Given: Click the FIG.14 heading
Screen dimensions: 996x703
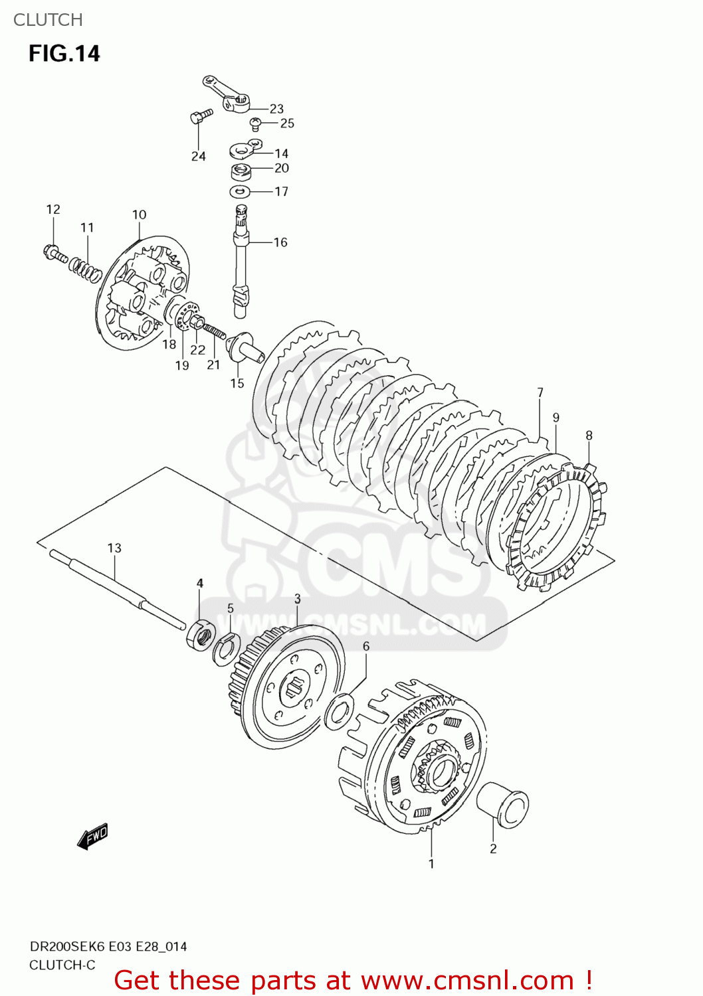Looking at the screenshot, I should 64,54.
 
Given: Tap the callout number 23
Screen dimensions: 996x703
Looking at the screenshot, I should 276,109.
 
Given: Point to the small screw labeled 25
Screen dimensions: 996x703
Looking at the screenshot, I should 255,123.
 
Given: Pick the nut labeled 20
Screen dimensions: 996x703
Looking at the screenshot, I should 241,171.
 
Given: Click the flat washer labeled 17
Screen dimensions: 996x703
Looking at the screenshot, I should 240,192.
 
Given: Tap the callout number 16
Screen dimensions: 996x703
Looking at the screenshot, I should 280,242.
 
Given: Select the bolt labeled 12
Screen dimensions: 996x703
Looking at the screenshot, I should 54,253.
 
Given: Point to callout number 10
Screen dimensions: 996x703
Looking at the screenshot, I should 139,214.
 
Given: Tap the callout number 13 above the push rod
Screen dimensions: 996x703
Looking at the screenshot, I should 114,548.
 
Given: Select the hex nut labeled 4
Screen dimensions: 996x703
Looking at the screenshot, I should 200,635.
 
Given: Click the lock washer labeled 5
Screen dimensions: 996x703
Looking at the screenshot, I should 226,649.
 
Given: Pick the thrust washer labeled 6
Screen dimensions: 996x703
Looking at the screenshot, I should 340,712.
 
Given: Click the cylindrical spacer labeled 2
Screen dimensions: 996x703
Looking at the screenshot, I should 503,804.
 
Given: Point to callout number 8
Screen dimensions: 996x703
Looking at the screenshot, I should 589,436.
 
